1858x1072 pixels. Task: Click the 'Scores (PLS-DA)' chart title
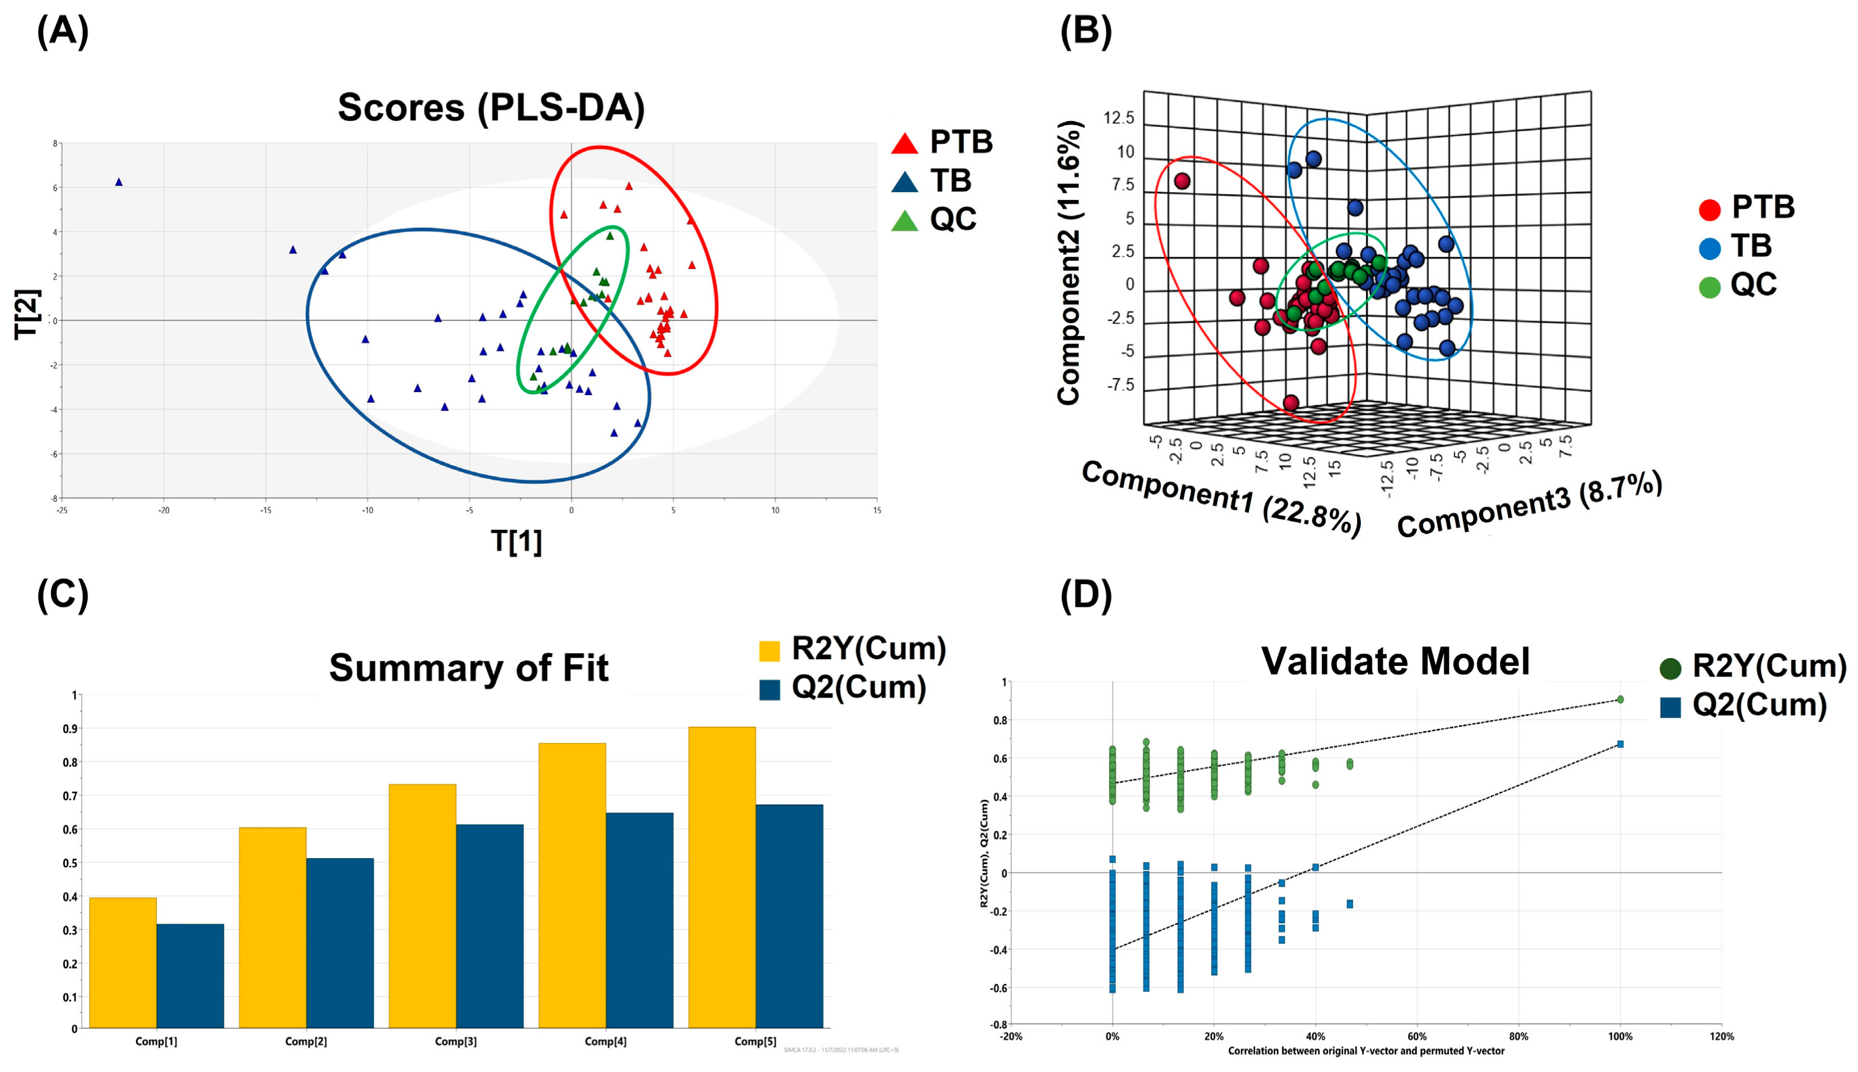click(x=491, y=108)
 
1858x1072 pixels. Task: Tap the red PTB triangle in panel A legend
click(x=905, y=143)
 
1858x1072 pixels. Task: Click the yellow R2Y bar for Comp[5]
click(x=721, y=876)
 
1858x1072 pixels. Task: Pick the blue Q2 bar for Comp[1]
click(x=190, y=975)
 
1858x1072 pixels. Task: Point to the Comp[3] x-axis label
click(x=456, y=1041)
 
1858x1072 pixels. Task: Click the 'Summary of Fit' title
click(x=469, y=668)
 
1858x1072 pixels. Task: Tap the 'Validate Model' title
click(x=1395, y=661)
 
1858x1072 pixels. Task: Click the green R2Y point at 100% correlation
click(x=1620, y=699)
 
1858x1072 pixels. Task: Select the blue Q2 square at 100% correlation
click(x=1620, y=744)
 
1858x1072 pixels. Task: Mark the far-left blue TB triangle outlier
click(x=119, y=182)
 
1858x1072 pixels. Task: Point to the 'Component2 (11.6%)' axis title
click(x=1069, y=263)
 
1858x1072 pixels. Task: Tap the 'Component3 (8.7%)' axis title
click(x=1530, y=504)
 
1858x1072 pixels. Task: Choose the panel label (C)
click(x=63, y=594)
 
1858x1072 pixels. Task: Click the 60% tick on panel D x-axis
click(x=1417, y=1036)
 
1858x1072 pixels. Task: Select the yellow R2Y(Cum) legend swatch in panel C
click(x=769, y=651)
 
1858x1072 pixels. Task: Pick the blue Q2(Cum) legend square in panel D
click(x=1670, y=707)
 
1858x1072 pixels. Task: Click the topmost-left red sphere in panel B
click(x=1182, y=181)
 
